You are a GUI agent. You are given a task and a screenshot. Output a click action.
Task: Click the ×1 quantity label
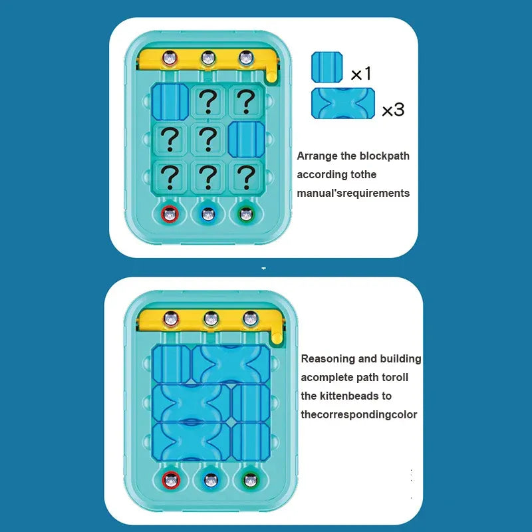point(360,74)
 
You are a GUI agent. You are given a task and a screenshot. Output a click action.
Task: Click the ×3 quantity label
point(393,109)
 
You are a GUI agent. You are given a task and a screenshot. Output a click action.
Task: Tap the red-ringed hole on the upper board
point(171,214)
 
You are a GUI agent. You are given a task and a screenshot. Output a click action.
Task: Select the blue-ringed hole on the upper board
point(209,214)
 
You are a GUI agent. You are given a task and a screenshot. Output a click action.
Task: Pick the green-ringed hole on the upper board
point(246,214)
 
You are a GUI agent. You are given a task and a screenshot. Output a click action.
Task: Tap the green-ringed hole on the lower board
point(250,479)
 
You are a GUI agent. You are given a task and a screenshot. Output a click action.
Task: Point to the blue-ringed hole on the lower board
point(211,479)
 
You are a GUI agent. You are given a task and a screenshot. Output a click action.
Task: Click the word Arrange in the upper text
point(317,156)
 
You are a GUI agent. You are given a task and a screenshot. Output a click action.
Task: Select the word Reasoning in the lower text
point(328,359)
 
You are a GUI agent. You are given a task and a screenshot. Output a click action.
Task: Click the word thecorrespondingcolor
point(359,415)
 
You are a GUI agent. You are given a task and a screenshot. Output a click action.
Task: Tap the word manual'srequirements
point(353,194)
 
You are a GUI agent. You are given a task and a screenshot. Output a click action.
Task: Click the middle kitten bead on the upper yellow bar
point(209,58)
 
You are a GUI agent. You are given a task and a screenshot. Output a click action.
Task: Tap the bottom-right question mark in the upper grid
point(246,176)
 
